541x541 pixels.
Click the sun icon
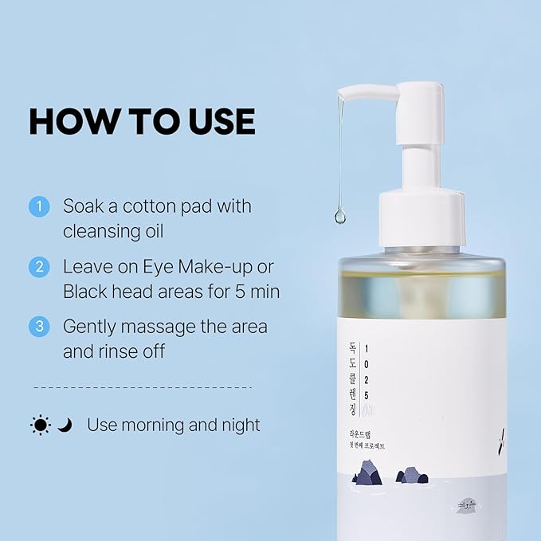41,425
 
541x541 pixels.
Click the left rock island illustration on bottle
369,472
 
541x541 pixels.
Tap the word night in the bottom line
239,425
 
